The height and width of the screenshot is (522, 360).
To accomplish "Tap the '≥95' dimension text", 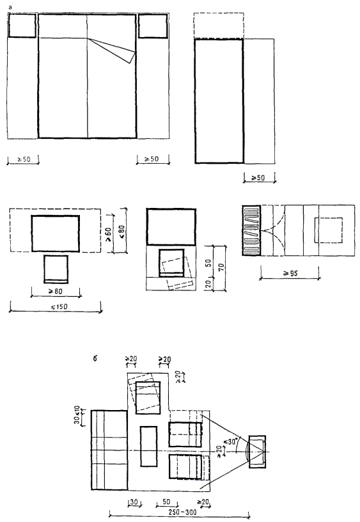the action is coord(290,273).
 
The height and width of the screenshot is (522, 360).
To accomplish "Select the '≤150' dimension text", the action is coord(59,306).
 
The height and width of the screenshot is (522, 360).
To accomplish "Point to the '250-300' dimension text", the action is coord(182,512).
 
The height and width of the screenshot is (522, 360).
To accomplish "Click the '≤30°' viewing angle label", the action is coord(230,442).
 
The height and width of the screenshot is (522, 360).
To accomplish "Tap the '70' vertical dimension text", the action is coord(222,267).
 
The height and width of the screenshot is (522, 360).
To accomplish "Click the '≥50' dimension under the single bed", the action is coord(258,177).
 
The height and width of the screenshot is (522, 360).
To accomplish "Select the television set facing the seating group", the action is coord(257,452).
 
